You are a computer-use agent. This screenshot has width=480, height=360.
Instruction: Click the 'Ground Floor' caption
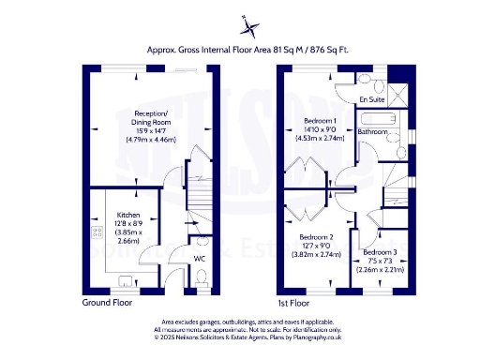click(108, 303)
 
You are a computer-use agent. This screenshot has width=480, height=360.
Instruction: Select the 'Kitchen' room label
click(128, 215)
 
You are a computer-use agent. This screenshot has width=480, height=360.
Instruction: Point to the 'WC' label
click(200, 258)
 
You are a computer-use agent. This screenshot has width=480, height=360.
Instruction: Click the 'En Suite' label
click(372, 98)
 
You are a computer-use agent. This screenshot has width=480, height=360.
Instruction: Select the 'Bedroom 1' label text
click(322, 121)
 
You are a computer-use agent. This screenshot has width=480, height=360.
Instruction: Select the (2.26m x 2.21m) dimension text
click(380, 270)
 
